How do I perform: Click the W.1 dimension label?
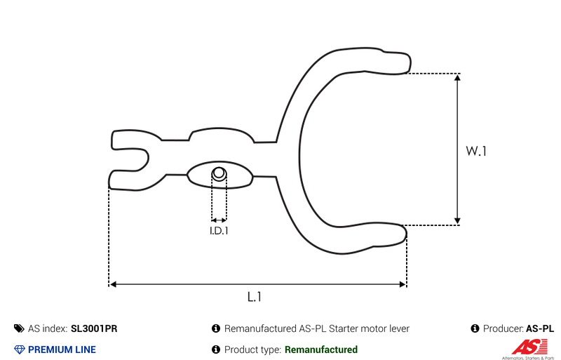point(476,151)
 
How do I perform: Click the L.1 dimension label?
point(254,297)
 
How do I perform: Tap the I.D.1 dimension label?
point(219,229)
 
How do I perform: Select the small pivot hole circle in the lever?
point(219,173)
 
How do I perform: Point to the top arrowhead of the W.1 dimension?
point(458,77)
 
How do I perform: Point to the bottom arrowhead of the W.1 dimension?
point(458,221)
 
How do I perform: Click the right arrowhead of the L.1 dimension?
point(403,284)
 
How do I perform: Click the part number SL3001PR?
point(94,328)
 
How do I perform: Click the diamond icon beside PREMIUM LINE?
point(19,349)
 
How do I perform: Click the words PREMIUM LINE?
point(62,349)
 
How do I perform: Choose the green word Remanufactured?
point(320,349)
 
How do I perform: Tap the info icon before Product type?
point(216,349)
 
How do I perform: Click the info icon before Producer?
point(475,328)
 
